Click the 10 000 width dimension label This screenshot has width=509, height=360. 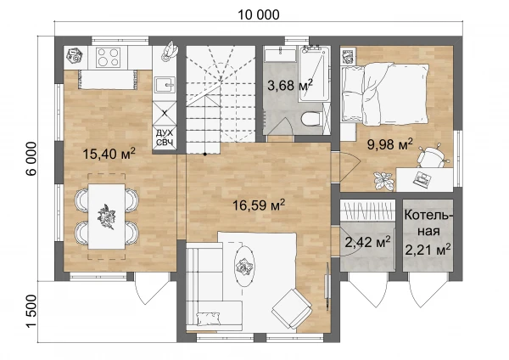pos(259,14)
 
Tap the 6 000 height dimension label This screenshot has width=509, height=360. pos(31,159)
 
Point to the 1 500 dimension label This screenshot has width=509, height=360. pos(31,312)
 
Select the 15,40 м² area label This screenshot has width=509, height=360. pos(109,154)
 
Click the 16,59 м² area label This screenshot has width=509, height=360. pos(259,205)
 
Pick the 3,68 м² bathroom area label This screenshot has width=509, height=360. pos(290,85)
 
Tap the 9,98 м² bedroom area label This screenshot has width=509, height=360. pos(390,144)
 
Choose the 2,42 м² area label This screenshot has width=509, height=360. pos(367,242)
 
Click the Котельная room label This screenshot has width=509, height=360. pos(428,223)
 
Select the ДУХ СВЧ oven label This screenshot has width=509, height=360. pos(165,138)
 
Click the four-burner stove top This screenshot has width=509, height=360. pos(108,57)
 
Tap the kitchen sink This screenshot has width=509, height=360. pos(165,85)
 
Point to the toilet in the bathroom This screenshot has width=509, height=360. pos(311,119)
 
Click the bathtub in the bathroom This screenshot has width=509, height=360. pos(314,74)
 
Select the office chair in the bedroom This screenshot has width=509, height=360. pos(433,156)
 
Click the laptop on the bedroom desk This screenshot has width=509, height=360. pos(422,178)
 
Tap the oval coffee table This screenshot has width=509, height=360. pos(245,266)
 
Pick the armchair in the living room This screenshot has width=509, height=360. pos(292,308)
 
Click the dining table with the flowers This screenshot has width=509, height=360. pos(107,217)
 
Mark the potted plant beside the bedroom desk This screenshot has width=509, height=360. pos(383,180)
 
